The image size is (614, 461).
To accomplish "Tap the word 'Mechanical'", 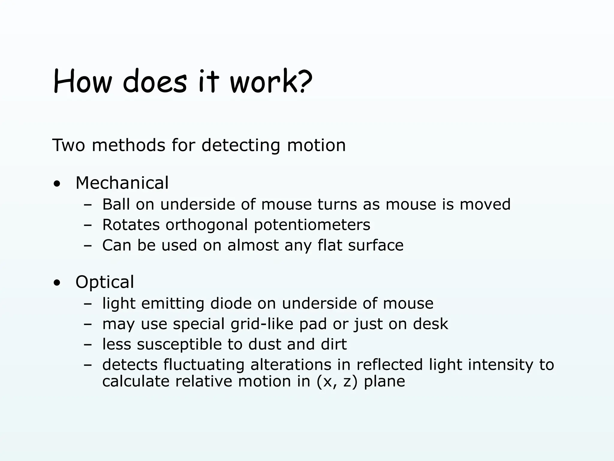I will (122, 183).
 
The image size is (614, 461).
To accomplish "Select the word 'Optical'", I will (105, 282).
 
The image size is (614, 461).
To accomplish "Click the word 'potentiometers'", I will (312, 225).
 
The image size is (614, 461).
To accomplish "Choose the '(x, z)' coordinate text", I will (337, 381).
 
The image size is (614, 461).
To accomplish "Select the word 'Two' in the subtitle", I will (69, 145).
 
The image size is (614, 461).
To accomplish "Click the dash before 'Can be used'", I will (88, 246).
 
